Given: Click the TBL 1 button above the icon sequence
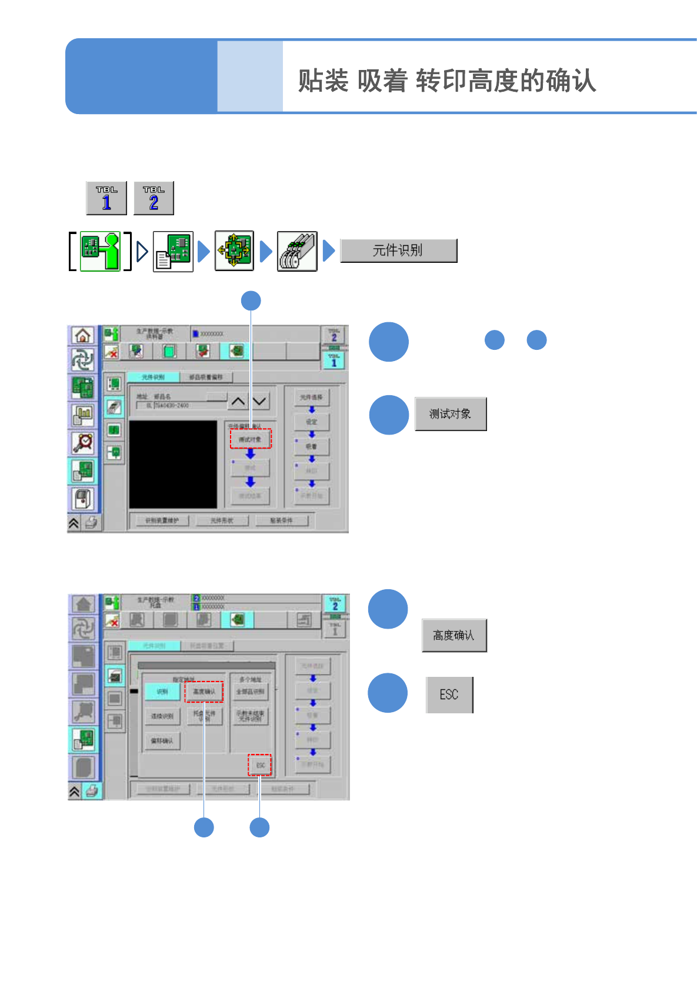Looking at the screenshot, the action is coord(106,198).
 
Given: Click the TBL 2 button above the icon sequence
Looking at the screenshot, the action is coord(154,198).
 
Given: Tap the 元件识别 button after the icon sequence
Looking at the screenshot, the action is coord(398,251).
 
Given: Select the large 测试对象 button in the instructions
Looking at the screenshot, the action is coord(451,414).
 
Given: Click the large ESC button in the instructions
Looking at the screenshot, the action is coord(449,694).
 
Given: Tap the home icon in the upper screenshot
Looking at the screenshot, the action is coord(83,335).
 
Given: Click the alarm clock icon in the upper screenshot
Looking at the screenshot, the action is coord(83,442).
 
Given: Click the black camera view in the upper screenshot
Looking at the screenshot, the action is coord(173,464).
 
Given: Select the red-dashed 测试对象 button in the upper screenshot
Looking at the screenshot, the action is coord(251,439).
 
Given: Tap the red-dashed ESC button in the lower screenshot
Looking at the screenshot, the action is coord(259,765).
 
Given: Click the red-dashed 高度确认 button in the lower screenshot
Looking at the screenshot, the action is coord(204,692).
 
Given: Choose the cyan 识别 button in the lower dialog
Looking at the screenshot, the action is coord(162,692).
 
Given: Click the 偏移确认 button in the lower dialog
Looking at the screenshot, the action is coord(162,741).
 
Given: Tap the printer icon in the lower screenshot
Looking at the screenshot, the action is coord(92,791).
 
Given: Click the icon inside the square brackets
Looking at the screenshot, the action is coord(100,251).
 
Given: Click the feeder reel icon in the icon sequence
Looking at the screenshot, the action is coord(297,251).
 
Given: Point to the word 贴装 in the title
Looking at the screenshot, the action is coord(323,81).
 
